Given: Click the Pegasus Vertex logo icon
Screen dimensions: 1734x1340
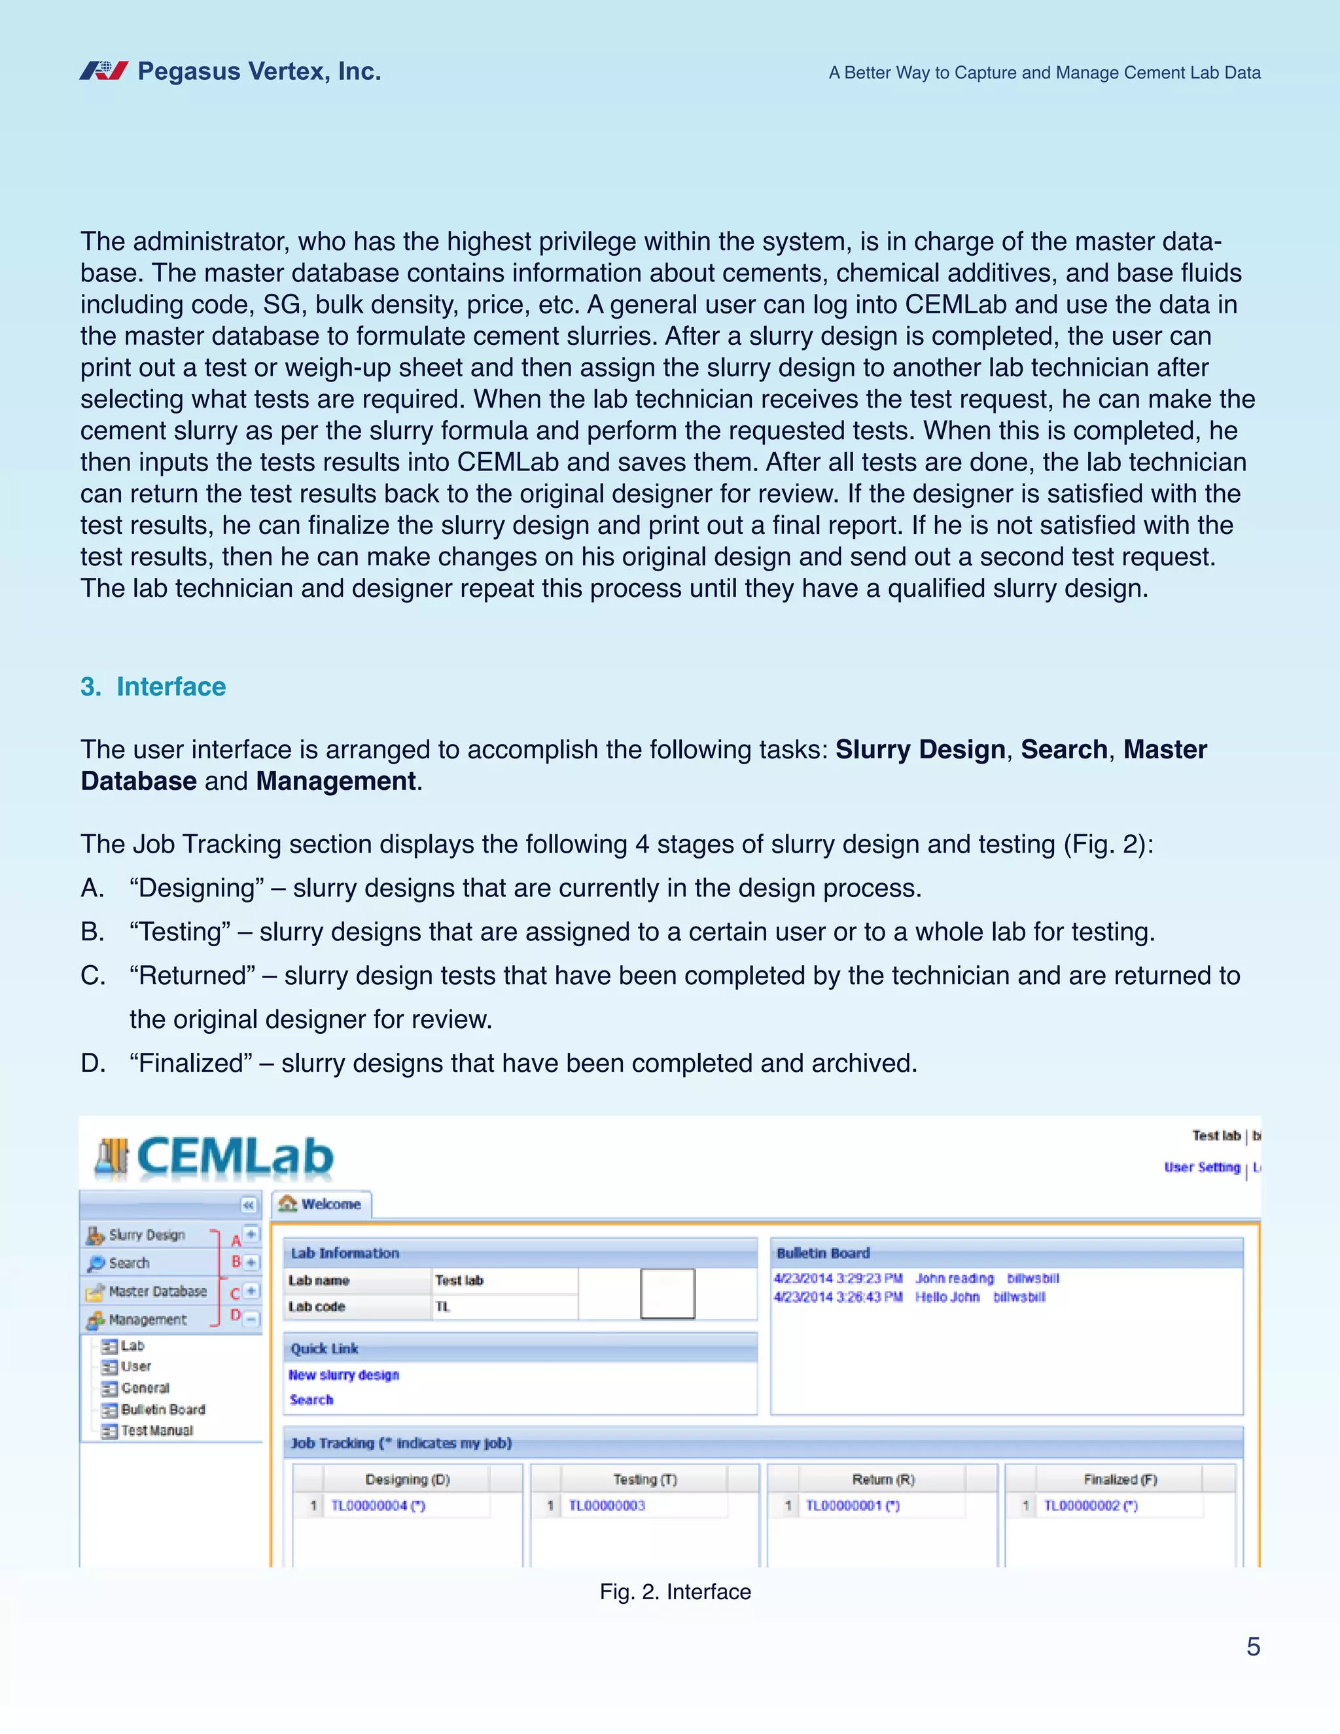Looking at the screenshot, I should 103,71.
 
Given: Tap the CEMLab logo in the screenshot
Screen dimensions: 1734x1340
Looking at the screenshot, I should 215,1156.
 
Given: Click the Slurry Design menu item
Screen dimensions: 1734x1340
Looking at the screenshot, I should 146,1235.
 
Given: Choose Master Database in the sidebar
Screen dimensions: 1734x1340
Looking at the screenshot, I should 156,1291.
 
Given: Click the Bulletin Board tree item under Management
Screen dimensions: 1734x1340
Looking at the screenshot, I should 162,1409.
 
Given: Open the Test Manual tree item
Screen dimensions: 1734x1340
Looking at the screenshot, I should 156,1430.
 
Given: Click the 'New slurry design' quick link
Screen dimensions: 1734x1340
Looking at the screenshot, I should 344,1374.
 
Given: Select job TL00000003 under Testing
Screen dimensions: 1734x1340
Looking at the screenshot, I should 607,1506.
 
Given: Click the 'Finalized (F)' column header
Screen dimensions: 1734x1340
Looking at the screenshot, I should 1120,1479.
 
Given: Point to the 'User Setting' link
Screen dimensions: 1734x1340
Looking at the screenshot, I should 1202,1167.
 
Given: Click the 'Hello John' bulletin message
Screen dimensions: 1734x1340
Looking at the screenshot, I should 947,1296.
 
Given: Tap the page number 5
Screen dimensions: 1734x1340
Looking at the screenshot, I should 1253,1647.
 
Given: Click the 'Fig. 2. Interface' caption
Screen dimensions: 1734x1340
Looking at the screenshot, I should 675,1592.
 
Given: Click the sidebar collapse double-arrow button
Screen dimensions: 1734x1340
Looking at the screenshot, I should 249,1205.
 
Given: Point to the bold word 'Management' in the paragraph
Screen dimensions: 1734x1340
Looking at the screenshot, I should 335,781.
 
